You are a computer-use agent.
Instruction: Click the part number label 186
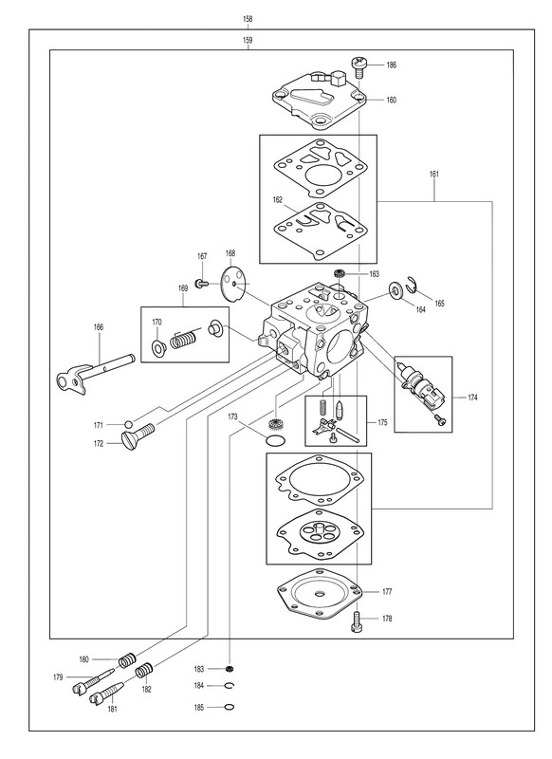tap(391, 65)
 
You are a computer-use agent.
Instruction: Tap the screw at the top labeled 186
tap(359, 66)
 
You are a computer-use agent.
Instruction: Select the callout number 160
tap(391, 101)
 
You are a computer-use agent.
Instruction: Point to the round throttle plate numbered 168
tap(233, 285)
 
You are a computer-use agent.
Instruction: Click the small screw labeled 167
tap(201, 283)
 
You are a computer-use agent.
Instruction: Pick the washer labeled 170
tap(158, 347)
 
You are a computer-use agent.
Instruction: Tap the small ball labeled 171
tap(128, 425)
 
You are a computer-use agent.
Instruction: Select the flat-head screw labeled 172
tap(138, 436)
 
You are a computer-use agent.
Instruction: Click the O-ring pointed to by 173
tap(276, 440)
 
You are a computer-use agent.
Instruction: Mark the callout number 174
tap(472, 398)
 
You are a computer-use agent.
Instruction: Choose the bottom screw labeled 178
tap(357, 620)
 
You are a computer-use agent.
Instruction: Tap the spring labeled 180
tap(127, 659)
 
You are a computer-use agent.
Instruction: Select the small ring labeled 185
tap(230, 707)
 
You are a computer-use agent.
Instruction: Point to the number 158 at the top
tap(248, 19)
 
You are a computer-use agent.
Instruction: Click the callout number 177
tap(387, 591)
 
